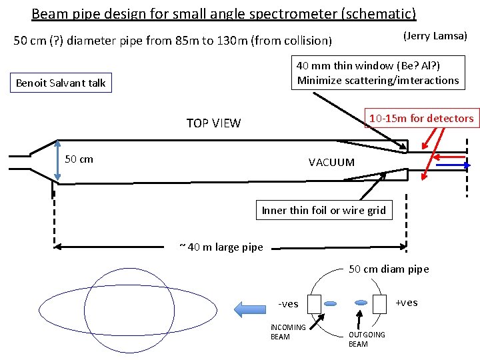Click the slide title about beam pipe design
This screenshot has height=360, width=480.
point(223,13)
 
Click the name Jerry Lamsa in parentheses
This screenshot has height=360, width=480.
point(435,36)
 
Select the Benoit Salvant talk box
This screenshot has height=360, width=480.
point(61,83)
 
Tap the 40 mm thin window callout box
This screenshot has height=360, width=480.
point(378,73)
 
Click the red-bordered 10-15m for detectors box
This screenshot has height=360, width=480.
point(421,119)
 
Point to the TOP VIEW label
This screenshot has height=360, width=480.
point(213,123)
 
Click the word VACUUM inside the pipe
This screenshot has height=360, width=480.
point(331,162)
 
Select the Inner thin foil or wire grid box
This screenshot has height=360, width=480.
point(323,211)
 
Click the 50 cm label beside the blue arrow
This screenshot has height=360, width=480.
point(79,159)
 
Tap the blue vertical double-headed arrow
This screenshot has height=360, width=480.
point(57,160)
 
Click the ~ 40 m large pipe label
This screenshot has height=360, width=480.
point(221,247)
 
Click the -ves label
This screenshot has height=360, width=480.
point(288,304)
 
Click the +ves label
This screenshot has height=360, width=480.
point(407,303)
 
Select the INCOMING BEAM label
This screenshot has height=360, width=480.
point(288,332)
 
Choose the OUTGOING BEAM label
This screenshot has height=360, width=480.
point(367,339)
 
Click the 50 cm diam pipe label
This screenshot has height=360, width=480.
point(389,269)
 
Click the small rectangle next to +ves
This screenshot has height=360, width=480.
point(380,303)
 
